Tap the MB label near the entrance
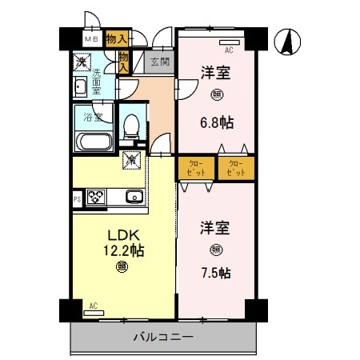click(90, 38)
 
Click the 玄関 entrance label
click(159, 61)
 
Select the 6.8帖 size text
click(215, 125)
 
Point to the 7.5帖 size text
click(215, 273)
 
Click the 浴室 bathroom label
click(93, 118)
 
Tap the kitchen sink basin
click(134, 197)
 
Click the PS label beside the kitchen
click(77, 197)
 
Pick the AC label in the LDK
click(93, 306)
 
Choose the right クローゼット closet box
click(236, 168)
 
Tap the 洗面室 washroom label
click(97, 81)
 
